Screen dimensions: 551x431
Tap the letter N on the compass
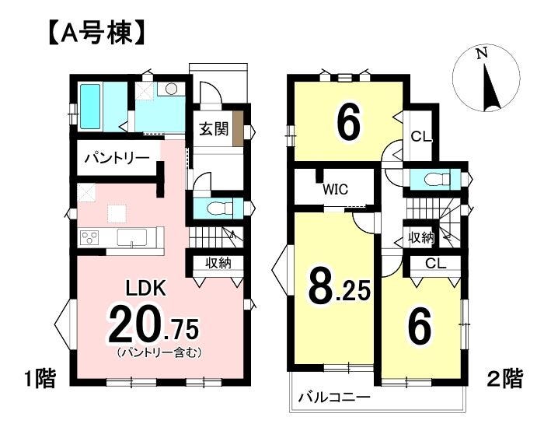click(482, 54)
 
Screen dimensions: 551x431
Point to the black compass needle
click(491, 88)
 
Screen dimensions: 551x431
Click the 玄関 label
click(214, 129)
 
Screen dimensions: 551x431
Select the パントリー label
click(117, 159)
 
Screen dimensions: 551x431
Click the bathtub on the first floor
click(91, 107)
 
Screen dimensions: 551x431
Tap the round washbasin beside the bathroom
click(172, 89)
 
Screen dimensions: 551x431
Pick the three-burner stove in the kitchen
click(89, 237)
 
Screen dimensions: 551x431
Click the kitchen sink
click(132, 237)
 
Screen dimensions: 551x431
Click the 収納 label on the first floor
click(218, 262)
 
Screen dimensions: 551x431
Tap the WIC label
click(335, 189)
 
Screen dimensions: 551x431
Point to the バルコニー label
click(334, 398)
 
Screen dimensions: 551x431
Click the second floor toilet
click(438, 180)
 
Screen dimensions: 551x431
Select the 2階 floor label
click(505, 378)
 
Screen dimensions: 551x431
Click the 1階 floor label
click(40, 379)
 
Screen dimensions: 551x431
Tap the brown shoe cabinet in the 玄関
click(238, 128)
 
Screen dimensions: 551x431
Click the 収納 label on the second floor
click(421, 238)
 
